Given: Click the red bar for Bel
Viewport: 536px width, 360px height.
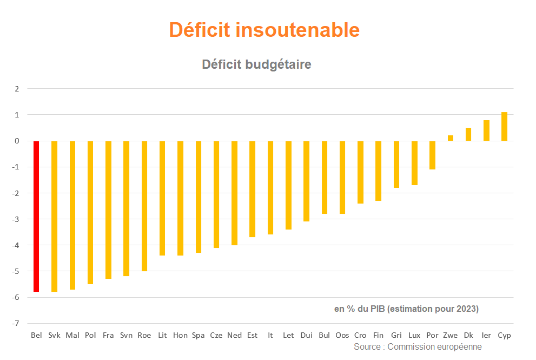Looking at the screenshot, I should point(36,216).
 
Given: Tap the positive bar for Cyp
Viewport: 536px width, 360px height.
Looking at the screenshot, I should point(504,127).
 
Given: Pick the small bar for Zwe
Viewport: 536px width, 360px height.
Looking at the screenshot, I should point(450,138).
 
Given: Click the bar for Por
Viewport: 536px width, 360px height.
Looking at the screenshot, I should point(432,155).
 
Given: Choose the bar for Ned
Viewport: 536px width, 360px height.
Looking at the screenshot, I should point(234,193).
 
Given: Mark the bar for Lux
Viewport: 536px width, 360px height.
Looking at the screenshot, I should point(414,163).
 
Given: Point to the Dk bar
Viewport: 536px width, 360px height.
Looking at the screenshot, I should point(468,134).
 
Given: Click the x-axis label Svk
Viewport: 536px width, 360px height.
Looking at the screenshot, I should point(54,335).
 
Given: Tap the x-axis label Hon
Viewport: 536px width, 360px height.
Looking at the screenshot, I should point(180,335).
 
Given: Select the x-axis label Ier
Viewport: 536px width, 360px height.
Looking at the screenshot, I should point(486,335).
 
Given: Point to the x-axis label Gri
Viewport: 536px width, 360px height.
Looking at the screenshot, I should point(396,335).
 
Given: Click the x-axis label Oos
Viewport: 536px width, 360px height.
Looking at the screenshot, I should point(342,335).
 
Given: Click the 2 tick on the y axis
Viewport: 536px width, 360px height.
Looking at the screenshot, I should point(17,89).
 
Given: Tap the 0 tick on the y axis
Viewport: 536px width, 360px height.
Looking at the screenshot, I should point(17,141).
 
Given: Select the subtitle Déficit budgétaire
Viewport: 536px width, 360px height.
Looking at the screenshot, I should point(256,64).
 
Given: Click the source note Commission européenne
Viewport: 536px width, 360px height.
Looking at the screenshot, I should point(434,346).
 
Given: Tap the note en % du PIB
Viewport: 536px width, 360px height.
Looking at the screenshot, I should point(358,309).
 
